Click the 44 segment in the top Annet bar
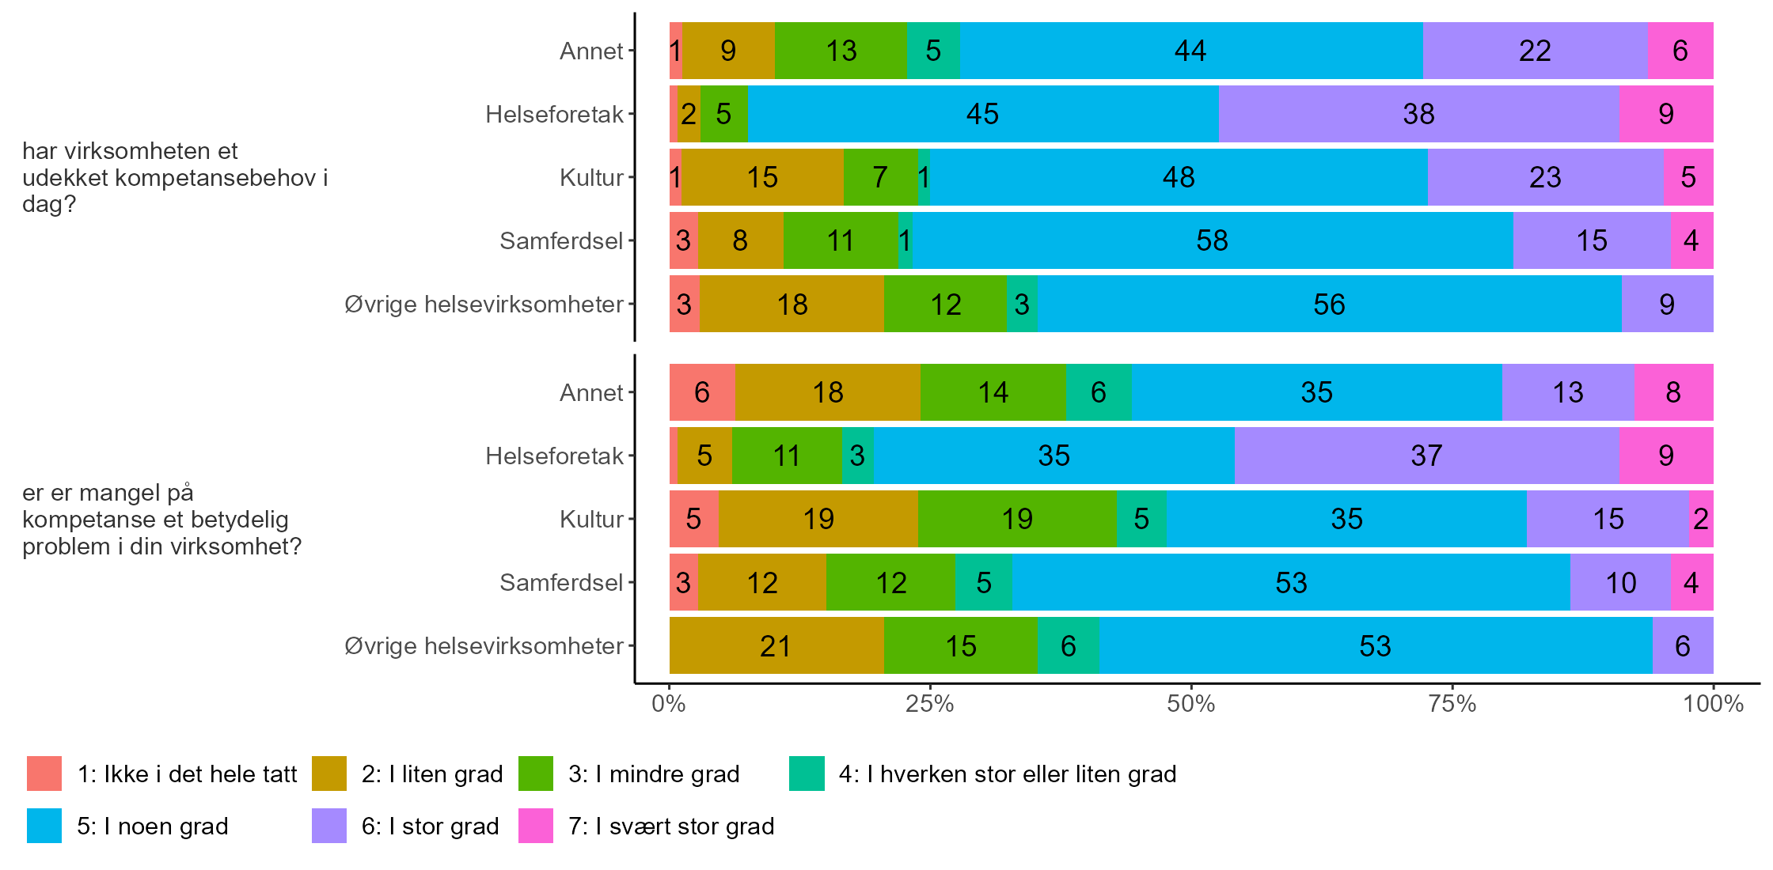1190,51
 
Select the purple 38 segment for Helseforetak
1418,114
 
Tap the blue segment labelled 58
1212,240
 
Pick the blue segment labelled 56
1329,304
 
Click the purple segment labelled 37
1426,456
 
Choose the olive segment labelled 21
776,645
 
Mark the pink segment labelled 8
1673,392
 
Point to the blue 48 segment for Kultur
1179,177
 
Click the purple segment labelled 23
1545,177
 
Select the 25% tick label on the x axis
930,704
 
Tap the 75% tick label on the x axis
1452,704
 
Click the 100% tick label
1713,704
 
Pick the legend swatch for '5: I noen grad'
44,826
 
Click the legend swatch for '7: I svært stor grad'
536,826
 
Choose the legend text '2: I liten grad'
432,774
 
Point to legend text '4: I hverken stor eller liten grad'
1008,774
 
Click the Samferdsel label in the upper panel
561,240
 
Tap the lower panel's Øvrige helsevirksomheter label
484,645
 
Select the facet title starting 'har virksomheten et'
174,177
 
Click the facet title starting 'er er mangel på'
161,519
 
